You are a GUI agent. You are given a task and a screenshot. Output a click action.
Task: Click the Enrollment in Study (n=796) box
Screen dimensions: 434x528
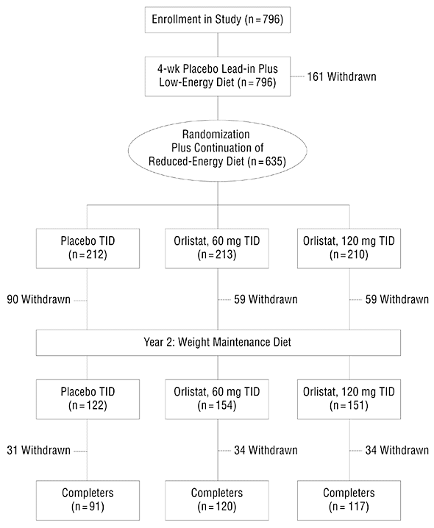point(218,19)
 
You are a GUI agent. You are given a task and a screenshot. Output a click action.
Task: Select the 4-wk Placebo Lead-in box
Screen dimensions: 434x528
point(218,76)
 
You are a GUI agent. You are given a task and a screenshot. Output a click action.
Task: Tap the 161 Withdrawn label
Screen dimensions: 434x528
point(341,76)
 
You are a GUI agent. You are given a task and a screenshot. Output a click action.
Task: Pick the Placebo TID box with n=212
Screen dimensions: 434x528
point(88,248)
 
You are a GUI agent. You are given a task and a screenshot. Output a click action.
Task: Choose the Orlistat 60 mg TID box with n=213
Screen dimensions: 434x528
point(217,248)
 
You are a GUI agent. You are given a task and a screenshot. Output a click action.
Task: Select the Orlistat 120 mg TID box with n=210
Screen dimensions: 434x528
point(349,248)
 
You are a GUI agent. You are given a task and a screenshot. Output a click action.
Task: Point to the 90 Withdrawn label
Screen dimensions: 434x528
point(39,299)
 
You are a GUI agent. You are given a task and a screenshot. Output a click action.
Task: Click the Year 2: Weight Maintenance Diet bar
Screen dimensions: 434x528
point(218,343)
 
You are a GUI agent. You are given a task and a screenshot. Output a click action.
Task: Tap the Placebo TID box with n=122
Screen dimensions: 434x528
point(88,399)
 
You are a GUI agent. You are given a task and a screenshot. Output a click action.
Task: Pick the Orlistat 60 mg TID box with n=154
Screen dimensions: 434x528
point(217,399)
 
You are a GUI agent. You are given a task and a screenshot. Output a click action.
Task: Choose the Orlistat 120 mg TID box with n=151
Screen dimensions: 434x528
point(349,399)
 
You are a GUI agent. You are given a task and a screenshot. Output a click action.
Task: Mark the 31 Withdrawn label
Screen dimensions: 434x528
point(39,450)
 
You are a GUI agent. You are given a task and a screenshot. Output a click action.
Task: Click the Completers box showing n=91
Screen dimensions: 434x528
point(88,500)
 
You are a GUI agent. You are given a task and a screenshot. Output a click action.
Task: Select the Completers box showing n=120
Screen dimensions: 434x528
point(217,500)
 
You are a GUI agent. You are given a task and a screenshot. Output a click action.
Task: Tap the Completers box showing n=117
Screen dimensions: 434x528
point(349,500)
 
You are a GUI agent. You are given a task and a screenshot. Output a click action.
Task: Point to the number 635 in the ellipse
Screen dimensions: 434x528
point(273,161)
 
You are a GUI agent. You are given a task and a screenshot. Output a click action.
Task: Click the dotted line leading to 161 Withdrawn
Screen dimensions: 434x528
point(297,76)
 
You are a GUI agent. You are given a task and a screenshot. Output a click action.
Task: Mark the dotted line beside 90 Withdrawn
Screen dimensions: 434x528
point(80,300)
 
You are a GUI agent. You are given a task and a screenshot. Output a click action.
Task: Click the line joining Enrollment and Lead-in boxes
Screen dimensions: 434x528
point(218,45)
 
